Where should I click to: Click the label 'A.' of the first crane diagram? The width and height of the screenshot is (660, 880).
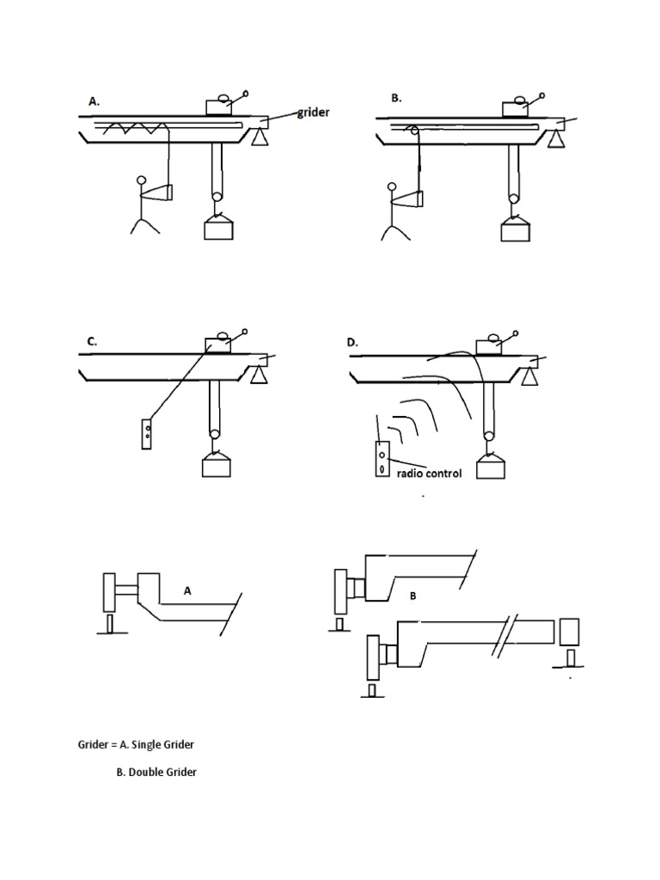[95, 101]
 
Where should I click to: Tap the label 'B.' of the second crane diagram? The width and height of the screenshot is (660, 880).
[396, 98]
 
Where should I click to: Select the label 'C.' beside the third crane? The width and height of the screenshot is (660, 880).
[92, 341]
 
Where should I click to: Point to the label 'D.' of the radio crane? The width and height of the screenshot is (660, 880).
[352, 342]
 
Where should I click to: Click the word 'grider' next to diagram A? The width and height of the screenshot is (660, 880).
[314, 113]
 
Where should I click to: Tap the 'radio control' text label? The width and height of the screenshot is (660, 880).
[429, 473]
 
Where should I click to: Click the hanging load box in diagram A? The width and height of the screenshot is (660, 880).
[217, 229]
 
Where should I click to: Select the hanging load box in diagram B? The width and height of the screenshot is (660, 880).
[515, 229]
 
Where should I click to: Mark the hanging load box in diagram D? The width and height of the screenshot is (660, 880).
[491, 466]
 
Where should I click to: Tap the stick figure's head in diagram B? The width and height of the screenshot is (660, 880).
[394, 185]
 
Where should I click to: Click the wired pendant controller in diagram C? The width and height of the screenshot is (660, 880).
[149, 432]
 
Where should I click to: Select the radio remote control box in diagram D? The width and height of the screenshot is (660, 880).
[382, 458]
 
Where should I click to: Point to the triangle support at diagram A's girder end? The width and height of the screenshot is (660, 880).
[259, 137]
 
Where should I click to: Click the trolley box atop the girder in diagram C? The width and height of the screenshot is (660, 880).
[219, 345]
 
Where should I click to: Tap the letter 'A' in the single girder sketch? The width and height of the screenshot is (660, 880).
[186, 591]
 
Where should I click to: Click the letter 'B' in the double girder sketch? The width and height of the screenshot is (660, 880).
[412, 596]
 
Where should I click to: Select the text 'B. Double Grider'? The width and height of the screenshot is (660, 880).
[156, 772]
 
